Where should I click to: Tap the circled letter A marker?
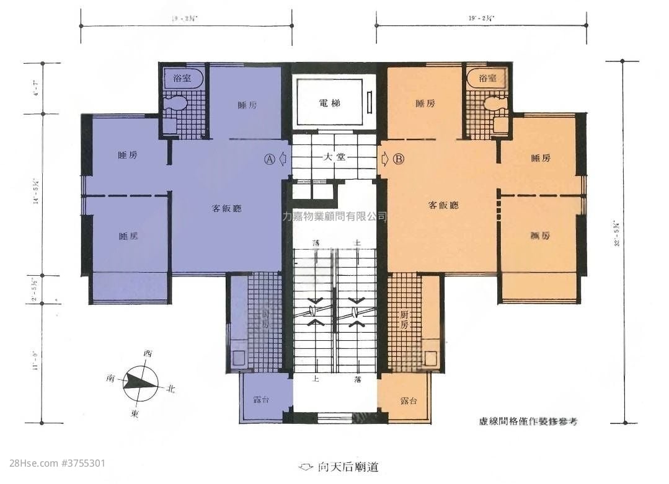click(269, 159)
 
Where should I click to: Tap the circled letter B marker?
click(399, 159)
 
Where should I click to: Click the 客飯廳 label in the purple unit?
click(227, 208)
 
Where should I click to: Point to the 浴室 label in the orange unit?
click(489, 79)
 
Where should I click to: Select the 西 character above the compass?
click(148, 354)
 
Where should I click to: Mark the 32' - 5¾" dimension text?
click(617, 234)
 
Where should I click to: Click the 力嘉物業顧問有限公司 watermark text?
click(334, 216)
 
